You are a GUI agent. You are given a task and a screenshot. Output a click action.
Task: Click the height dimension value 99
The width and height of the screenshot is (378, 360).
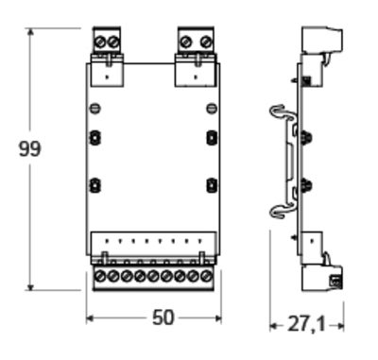click(x=30, y=148)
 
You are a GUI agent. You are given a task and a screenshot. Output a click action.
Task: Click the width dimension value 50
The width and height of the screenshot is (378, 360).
click(x=163, y=317)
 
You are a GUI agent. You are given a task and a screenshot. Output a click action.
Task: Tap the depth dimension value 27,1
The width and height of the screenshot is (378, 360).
click(x=306, y=325)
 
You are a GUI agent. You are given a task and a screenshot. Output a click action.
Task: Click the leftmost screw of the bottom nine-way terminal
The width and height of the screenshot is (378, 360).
click(x=99, y=277)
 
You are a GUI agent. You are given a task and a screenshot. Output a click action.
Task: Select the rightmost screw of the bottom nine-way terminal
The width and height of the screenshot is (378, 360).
click(x=206, y=277)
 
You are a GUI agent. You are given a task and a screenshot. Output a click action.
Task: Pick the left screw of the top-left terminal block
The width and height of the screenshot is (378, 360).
click(x=100, y=42)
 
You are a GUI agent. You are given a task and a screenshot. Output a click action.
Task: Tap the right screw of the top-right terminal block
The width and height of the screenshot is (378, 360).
click(x=206, y=42)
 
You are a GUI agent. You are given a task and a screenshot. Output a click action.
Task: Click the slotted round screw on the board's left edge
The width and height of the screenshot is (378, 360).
click(x=94, y=109)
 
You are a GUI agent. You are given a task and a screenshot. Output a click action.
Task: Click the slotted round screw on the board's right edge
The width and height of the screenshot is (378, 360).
click(x=212, y=109)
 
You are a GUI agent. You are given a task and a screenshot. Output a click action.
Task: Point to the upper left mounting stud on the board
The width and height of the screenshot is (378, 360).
click(x=94, y=138)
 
